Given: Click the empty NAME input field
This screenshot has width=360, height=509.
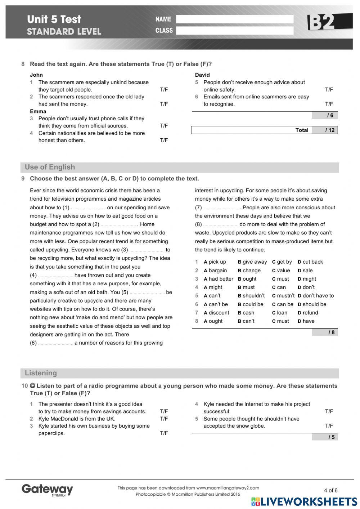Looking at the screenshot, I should pos(234,19).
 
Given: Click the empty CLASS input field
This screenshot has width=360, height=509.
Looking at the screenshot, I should pos(234,31).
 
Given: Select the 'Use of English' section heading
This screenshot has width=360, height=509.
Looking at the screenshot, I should pos(50,167).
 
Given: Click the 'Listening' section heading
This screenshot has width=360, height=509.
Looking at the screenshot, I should pos(41,373).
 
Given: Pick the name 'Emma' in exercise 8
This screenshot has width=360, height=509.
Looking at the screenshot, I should pos(38,111).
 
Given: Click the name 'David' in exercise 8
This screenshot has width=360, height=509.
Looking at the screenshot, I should pos(202,75).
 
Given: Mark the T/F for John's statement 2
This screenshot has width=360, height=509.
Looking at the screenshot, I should pos(164,104).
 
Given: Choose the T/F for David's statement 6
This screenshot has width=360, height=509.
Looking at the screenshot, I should pos(329,104).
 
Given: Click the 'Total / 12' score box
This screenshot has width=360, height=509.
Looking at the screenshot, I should pos(264,130).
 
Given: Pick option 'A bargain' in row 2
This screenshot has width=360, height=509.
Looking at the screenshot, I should pos(215,271).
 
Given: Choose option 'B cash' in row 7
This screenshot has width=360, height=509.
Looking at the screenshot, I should pos(246,313).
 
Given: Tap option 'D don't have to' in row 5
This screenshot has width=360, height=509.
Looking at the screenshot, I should pos(316,296).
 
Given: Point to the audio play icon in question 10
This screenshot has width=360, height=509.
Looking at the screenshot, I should pos(32,386).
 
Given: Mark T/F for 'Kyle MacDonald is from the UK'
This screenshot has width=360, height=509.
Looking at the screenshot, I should pos(164,419).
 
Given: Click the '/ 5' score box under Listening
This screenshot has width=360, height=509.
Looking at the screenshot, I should pos(325,437).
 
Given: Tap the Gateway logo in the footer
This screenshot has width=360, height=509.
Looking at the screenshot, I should pos(47,490).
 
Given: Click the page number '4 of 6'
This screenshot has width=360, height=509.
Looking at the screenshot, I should pos(330,490).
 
